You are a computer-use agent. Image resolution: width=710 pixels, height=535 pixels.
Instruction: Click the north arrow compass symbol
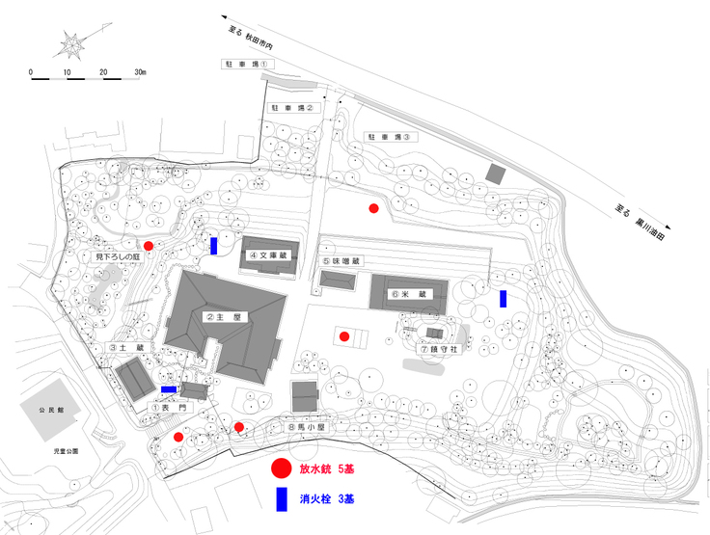click(73, 43)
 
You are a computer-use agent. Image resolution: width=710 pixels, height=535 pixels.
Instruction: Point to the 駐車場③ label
click(390, 137)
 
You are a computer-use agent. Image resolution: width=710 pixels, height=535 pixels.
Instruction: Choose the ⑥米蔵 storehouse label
click(409, 293)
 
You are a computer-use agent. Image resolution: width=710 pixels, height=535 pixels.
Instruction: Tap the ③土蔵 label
click(125, 347)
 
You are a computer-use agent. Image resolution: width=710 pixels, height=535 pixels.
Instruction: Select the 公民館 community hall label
click(50, 409)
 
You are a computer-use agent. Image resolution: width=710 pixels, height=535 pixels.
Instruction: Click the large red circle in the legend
click(281, 469)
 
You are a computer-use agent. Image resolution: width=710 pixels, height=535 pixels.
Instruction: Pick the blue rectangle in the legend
click(281, 499)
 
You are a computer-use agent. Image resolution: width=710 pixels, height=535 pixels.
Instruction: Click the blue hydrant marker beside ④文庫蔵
click(213, 245)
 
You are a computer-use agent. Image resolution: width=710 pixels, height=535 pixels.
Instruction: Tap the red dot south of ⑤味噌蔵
click(343, 336)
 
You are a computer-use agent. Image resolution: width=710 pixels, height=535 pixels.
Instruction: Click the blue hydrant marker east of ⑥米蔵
click(504, 299)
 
